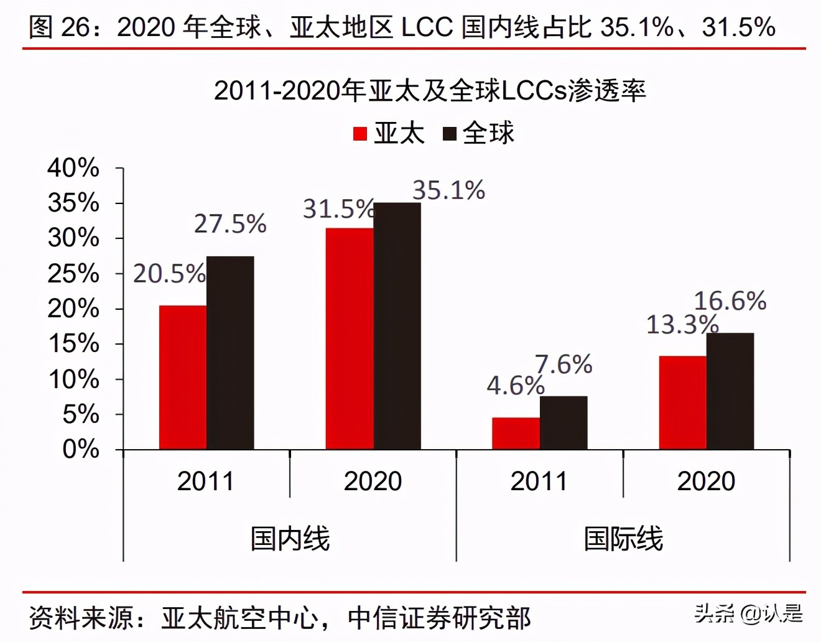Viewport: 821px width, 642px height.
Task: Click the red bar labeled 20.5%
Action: [183, 377]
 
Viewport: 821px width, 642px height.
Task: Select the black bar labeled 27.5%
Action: [230, 353]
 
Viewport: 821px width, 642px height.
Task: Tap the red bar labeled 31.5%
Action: [350, 338]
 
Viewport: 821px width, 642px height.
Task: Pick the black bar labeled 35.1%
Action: [397, 326]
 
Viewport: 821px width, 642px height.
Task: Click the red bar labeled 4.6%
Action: [516, 433]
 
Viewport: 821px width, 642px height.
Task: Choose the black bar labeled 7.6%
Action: [564, 422]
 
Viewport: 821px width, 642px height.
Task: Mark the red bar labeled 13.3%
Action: [682, 402]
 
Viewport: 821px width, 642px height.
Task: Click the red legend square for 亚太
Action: [360, 134]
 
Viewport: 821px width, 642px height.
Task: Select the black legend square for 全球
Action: [449, 134]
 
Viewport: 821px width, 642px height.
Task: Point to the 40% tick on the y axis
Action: [73, 168]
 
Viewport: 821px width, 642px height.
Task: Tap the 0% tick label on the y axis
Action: [81, 449]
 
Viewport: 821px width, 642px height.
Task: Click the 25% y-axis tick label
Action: [73, 274]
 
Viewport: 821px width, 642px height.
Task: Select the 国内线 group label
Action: [290, 538]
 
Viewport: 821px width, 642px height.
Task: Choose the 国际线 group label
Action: [623, 538]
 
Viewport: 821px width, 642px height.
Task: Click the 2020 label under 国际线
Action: [706, 481]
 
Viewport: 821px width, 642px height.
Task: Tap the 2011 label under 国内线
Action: [206, 481]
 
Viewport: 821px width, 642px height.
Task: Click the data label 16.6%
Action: [730, 301]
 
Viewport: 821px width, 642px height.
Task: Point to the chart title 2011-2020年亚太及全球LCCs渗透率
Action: [430, 91]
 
